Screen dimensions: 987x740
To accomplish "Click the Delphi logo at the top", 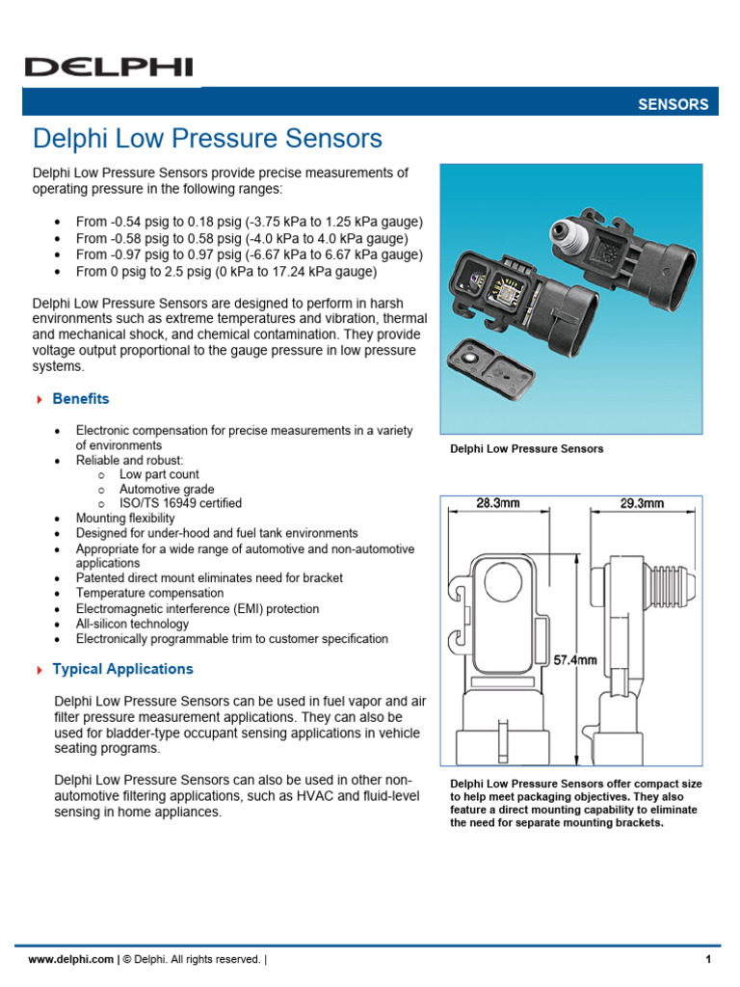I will point(108,67).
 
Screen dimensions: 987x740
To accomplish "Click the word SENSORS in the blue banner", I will point(673,104).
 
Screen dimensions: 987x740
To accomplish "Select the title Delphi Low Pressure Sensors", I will point(207,139).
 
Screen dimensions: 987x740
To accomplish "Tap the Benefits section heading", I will point(81,399).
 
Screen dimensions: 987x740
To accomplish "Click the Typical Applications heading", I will point(122,669).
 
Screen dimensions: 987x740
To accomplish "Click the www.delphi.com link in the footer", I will point(71,959).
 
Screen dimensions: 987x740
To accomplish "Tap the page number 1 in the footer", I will point(708,959).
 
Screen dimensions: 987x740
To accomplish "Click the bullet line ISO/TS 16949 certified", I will point(180,503).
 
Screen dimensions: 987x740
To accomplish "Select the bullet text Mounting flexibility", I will point(125,519).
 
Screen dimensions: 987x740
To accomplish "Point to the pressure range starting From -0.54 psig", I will point(249,222).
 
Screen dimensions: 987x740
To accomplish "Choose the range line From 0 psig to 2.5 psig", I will point(225,272).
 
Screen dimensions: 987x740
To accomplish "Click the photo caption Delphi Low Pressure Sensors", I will point(527,449).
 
